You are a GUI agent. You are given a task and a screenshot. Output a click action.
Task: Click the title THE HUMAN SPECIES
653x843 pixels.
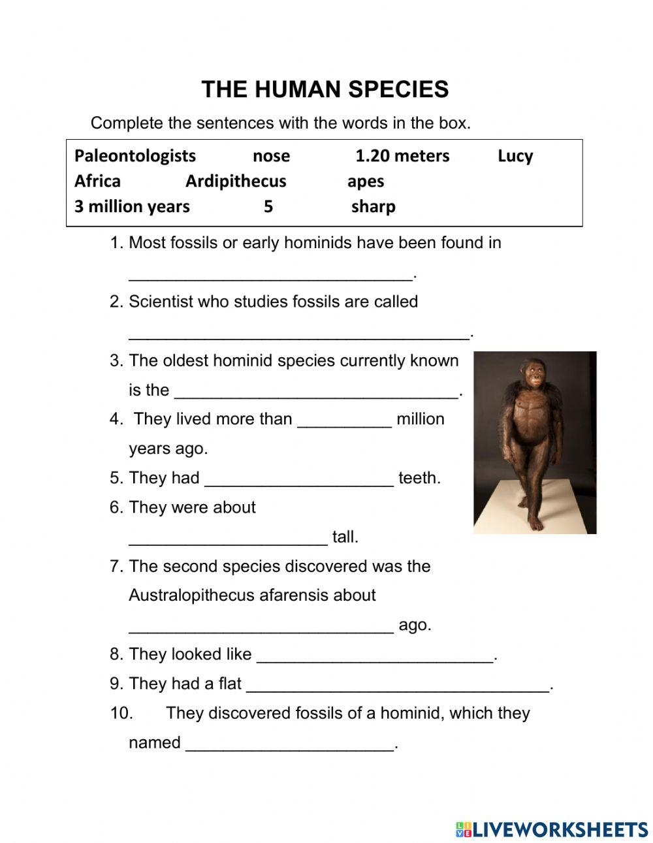coord(325,89)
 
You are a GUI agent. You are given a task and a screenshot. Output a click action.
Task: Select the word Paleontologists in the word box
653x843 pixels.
coord(135,155)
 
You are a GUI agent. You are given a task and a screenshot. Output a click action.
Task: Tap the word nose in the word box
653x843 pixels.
coord(271,155)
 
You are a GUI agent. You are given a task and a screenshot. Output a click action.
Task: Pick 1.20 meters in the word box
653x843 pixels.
coord(402,155)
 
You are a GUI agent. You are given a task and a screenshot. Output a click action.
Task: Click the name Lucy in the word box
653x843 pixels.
coord(515,156)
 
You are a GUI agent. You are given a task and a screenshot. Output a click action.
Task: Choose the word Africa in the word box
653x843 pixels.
coord(97,181)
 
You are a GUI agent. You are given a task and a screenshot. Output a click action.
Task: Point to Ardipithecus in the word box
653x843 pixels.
coord(236,181)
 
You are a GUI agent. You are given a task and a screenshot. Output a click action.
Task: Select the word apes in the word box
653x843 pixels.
coord(365,182)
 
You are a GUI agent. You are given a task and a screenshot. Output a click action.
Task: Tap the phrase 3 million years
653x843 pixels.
coord(132,206)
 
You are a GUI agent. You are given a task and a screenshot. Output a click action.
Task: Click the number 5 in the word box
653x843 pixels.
coord(268,206)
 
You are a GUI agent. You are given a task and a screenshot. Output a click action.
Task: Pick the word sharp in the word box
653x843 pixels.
coord(373,206)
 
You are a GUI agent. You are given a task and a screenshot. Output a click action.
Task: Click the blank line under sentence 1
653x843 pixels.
coord(271,274)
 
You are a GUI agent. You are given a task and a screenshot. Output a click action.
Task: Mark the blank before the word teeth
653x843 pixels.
coord(299,481)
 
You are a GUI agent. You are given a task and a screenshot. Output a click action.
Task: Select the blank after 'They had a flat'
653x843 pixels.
coord(398,686)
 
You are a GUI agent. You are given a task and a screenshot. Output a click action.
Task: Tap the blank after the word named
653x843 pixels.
coord(291,745)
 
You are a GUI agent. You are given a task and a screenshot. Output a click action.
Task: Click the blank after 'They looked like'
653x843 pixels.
coord(375,656)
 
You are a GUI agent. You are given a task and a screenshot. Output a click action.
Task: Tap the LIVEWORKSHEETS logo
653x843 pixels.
coord(552,829)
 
